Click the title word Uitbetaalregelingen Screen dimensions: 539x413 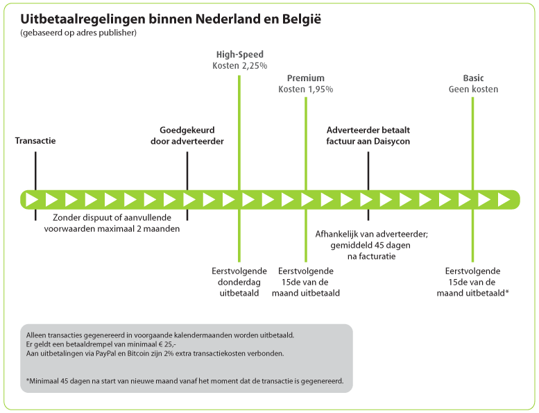[x=83, y=19]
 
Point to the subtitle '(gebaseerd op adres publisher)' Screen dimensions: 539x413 [x=78, y=33]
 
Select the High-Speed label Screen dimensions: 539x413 [x=240, y=54]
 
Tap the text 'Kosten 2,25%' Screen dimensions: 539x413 [x=240, y=66]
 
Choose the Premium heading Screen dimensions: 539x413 [x=306, y=78]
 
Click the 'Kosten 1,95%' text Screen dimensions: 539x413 [x=306, y=90]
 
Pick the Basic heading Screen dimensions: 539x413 [x=473, y=78]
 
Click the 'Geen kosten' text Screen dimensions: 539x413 [x=473, y=90]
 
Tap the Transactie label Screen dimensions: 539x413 [x=35, y=141]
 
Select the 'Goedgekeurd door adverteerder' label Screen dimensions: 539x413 [x=187, y=135]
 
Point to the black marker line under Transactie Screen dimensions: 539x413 [x=35, y=186]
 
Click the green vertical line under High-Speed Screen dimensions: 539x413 [x=239, y=169]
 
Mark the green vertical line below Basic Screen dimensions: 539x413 [x=472, y=180]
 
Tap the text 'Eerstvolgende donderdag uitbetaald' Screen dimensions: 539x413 [x=239, y=282]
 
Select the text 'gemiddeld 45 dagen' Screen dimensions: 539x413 [x=370, y=245]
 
